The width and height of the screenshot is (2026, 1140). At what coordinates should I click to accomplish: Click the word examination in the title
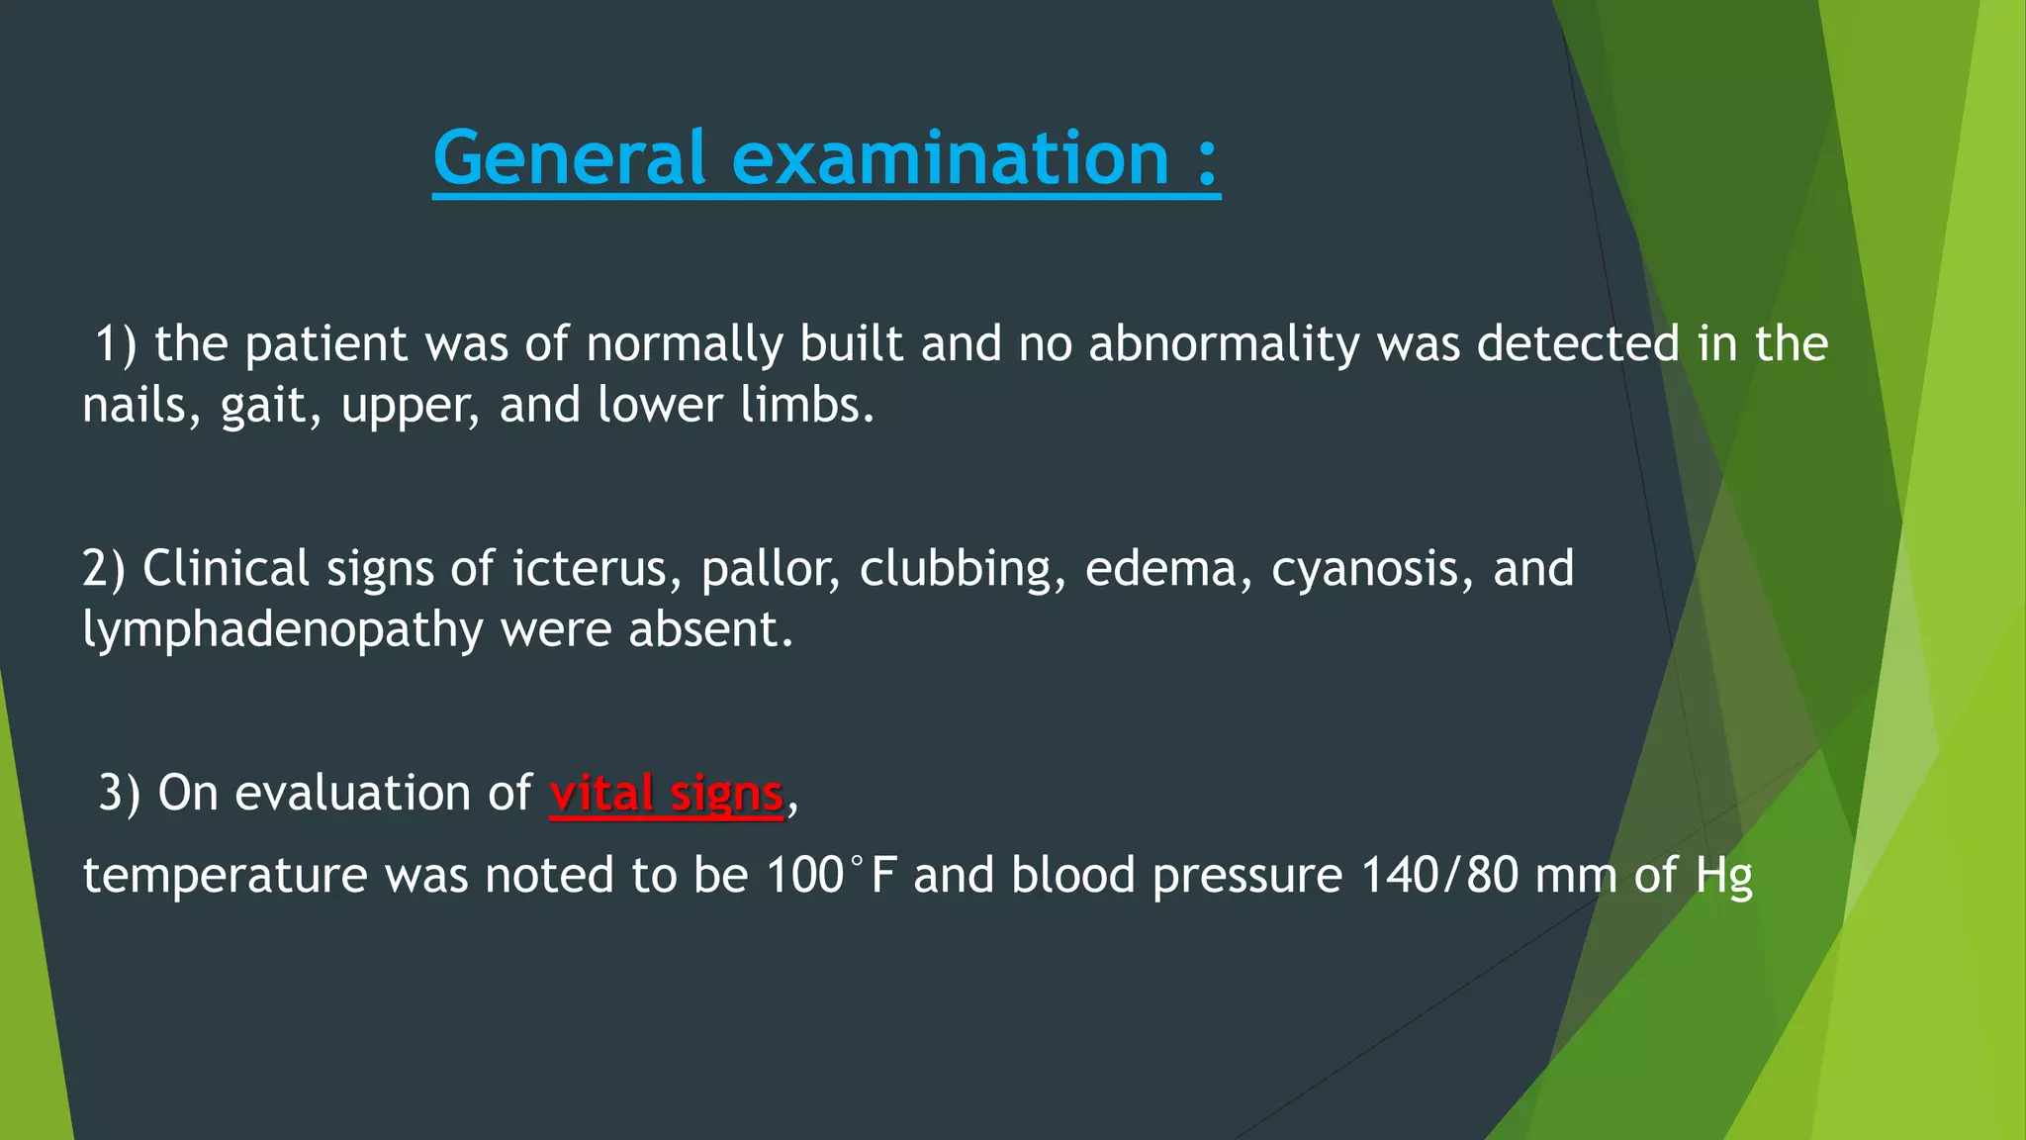tap(951, 158)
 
